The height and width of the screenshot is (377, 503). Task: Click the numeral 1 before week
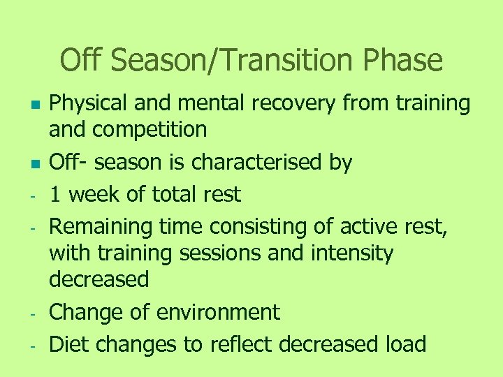coord(55,194)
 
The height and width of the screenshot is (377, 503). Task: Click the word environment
coord(217,312)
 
